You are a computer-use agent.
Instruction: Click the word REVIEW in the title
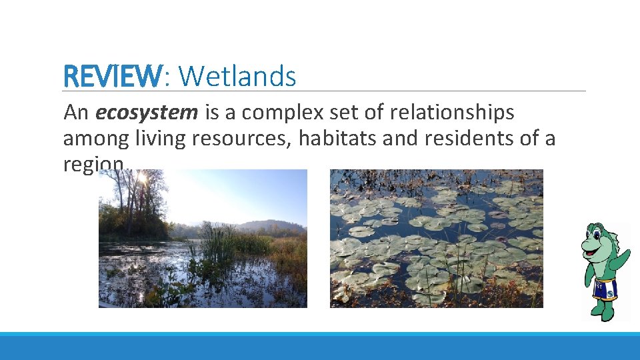(x=112, y=77)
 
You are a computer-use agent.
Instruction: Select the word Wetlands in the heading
(x=237, y=77)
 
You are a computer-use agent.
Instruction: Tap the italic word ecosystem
(x=147, y=113)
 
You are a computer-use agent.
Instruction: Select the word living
(x=160, y=139)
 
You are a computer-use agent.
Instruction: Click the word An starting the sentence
(x=76, y=113)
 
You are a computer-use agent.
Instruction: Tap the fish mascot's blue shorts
(x=605, y=289)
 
